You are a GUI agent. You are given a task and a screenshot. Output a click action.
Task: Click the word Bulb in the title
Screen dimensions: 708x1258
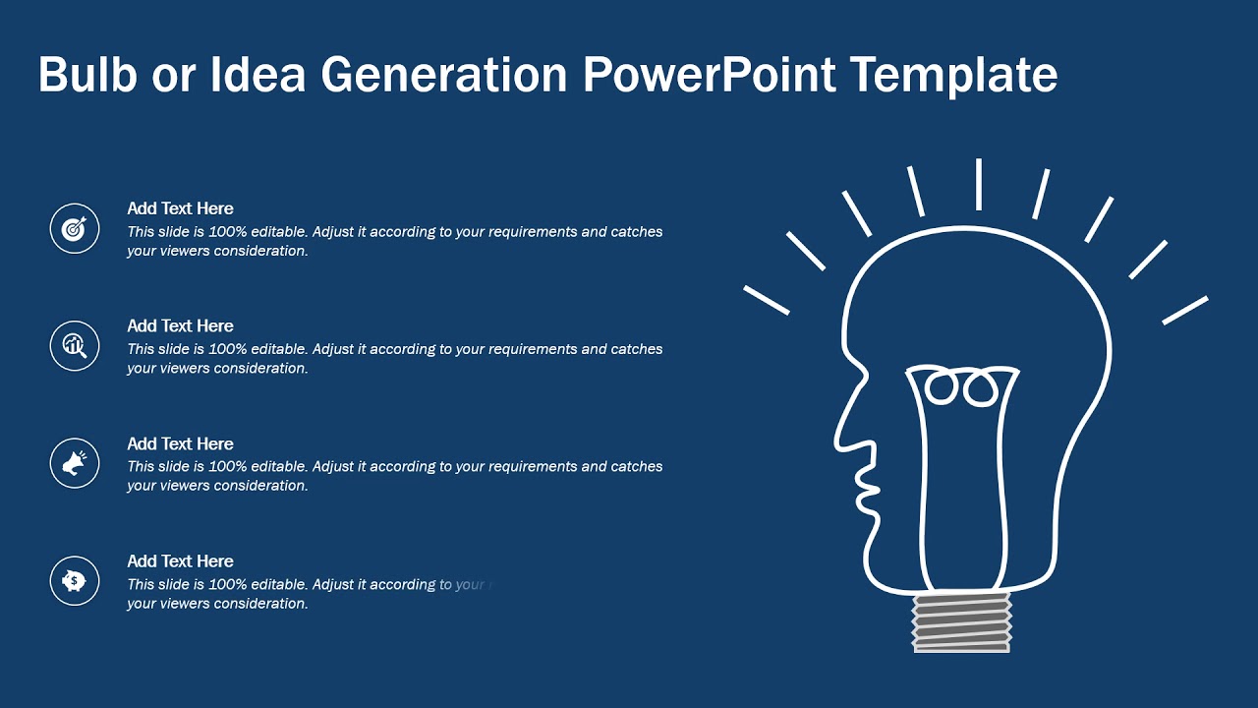click(86, 76)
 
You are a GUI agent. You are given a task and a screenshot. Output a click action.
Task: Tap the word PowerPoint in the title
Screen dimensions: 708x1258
click(710, 76)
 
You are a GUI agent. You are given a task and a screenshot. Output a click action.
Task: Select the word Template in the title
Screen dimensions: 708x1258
click(953, 76)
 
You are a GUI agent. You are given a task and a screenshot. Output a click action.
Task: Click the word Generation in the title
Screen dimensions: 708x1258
click(444, 76)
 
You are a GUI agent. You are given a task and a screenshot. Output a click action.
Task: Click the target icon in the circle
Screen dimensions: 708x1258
click(75, 228)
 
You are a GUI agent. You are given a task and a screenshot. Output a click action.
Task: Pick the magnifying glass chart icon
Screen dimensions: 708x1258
click(75, 345)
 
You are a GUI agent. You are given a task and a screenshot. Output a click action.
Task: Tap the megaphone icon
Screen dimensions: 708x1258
click(75, 463)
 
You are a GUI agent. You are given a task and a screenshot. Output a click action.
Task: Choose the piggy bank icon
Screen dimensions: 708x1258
click(75, 580)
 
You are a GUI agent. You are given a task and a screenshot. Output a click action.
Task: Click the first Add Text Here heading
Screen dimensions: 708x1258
click(180, 208)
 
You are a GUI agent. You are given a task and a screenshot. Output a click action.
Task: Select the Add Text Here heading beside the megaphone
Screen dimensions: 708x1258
click(180, 443)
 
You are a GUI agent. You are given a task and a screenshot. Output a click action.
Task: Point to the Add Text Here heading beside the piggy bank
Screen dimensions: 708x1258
click(180, 560)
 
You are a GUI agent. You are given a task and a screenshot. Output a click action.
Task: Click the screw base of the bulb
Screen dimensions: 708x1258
click(961, 622)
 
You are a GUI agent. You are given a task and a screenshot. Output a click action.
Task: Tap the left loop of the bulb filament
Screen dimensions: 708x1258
click(943, 387)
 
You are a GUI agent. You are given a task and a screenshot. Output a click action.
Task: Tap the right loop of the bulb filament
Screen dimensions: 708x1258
click(980, 387)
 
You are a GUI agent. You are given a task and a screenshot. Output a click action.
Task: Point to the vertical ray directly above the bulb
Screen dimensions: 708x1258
click(979, 184)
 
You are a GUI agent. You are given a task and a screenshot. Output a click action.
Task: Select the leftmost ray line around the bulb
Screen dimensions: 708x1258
click(767, 300)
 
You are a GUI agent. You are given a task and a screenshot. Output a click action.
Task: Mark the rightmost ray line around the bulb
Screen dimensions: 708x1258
click(1185, 310)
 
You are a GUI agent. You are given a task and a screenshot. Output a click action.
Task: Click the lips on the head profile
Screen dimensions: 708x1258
click(869, 489)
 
